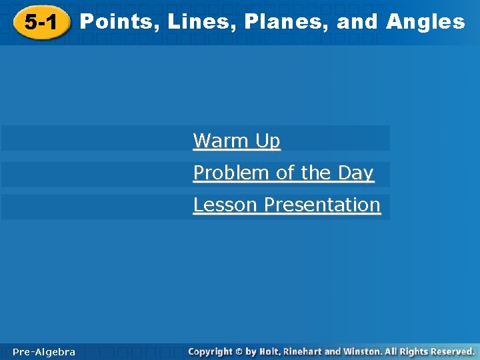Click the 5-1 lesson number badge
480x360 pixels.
point(40,24)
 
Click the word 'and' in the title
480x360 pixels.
point(357,22)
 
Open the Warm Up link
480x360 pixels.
point(237,141)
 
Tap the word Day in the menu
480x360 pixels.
point(355,173)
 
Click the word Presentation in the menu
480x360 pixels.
point(322,205)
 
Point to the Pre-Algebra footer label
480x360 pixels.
point(44,351)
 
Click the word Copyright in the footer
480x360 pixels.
point(210,351)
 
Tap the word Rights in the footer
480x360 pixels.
point(412,351)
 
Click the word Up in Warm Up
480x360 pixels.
point(268,141)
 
